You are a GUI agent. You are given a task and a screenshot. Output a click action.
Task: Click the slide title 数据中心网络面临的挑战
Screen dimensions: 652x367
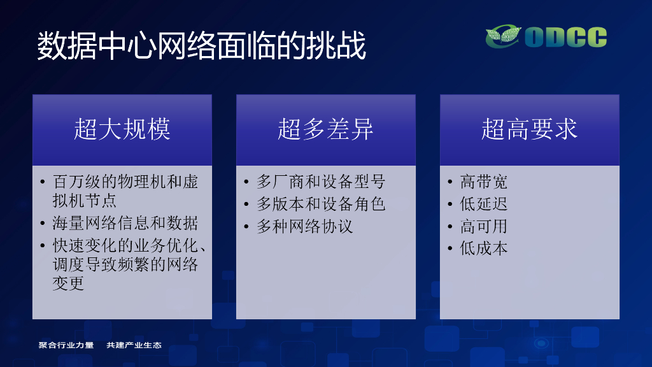click(202, 45)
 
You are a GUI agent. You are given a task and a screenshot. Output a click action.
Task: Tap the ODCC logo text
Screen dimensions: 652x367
click(566, 37)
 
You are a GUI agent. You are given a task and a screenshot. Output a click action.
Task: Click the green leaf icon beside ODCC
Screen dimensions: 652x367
click(504, 36)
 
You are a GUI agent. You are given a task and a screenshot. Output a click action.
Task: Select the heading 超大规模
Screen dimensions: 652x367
click(122, 129)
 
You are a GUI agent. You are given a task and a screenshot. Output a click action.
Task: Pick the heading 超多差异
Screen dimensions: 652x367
click(325, 129)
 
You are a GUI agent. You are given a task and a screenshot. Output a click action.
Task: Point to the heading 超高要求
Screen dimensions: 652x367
click(529, 129)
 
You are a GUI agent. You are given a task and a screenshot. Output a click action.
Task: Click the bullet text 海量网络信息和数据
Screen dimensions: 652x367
click(125, 223)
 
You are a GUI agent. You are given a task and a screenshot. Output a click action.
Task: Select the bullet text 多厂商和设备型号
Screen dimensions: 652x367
click(321, 182)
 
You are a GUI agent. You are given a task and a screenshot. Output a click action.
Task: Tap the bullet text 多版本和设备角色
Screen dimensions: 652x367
click(321, 204)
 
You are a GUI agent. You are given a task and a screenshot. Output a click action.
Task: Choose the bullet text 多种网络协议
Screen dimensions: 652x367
click(305, 226)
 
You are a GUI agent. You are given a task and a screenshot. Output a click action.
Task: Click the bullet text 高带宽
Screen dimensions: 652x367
click(484, 182)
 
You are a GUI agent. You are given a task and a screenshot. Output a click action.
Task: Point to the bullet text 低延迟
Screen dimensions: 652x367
click(484, 204)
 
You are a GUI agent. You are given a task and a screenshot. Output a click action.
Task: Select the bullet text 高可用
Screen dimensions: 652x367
click(484, 226)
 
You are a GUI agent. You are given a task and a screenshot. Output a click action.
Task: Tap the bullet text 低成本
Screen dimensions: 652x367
click(484, 248)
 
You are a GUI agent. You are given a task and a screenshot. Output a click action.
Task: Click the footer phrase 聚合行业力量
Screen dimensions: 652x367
click(66, 345)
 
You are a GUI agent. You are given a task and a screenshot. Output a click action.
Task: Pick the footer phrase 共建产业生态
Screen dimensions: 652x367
click(134, 345)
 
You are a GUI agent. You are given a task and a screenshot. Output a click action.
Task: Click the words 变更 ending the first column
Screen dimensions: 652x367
click(69, 284)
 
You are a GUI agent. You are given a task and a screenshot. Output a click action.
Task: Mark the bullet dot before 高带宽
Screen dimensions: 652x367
click(450, 182)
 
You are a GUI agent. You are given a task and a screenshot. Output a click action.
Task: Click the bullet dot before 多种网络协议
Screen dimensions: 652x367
click(246, 226)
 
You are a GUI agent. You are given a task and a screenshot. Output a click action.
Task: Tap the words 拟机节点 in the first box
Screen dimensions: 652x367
click(85, 201)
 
